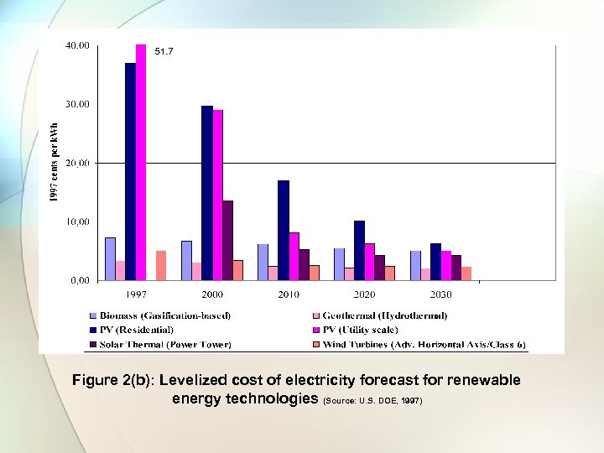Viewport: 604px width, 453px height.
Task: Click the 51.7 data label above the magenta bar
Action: coord(163,52)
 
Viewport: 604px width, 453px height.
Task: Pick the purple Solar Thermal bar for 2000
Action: coord(227,240)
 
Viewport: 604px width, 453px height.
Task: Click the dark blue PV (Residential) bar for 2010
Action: coord(284,230)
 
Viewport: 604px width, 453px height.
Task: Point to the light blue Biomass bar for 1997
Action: coord(110,258)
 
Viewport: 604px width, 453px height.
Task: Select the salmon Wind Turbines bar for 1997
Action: coord(161,265)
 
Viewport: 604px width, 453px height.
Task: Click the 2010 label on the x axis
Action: coord(288,294)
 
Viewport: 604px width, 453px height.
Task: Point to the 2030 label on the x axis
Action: coord(440,294)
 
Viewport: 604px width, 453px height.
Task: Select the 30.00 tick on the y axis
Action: coord(78,104)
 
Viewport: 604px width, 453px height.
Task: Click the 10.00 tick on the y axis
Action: coord(78,221)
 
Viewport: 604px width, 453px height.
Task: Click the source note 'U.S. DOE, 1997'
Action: coord(391,401)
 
